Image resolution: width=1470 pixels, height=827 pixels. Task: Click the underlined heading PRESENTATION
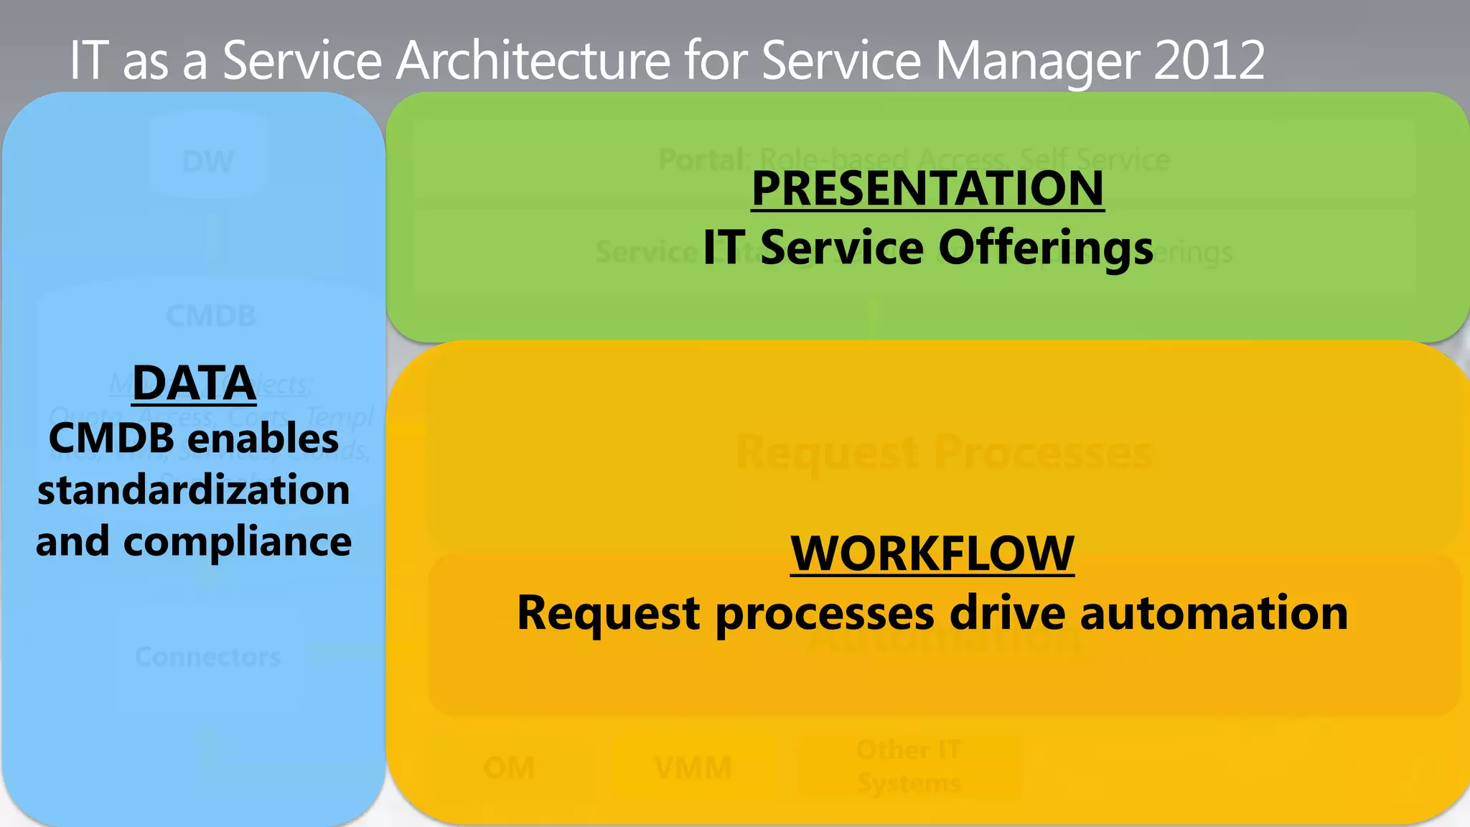[x=927, y=189]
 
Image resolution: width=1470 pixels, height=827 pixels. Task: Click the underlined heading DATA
[x=194, y=383]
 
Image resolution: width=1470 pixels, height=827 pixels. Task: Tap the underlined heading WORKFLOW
[x=932, y=553]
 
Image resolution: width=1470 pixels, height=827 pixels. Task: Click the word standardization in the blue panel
[x=194, y=490]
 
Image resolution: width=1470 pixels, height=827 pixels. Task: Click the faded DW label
[x=208, y=162]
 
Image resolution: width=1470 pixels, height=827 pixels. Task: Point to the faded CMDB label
[x=211, y=316]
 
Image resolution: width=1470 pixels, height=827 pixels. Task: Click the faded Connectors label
[x=208, y=657]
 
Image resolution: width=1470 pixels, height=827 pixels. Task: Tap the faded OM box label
[x=509, y=768]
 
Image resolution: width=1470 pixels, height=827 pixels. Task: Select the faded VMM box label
[x=693, y=768]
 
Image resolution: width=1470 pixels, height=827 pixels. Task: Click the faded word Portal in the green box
[x=702, y=159]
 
